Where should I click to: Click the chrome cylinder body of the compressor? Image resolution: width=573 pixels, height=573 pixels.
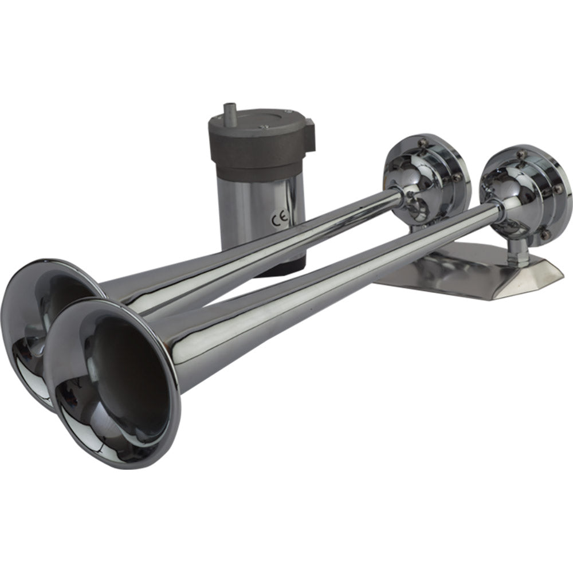(x=264, y=198)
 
